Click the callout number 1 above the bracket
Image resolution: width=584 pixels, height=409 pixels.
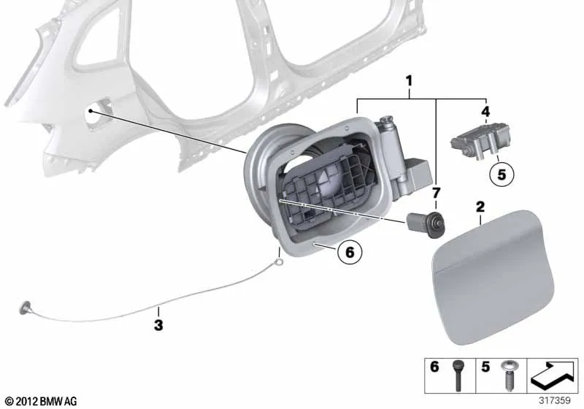[x=409, y=81]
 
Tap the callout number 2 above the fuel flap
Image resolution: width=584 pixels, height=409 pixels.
[x=480, y=207]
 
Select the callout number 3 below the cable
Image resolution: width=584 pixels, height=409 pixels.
[x=158, y=325]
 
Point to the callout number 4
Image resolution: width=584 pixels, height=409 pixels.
[x=485, y=111]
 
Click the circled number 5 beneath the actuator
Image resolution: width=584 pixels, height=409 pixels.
[x=502, y=175]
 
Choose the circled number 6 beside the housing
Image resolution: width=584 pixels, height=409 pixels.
[x=350, y=252]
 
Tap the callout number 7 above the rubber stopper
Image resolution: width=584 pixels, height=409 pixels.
[x=436, y=193]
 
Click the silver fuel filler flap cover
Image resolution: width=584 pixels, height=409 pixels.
[x=493, y=277]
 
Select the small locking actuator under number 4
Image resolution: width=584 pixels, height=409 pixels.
[x=480, y=142]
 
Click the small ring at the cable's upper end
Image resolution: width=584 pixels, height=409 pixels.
[x=278, y=263]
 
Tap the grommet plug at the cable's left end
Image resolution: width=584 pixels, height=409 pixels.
[x=26, y=307]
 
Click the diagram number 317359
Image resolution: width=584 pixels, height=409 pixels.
[x=555, y=400]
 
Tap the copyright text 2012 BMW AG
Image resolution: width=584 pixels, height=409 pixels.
[x=42, y=401]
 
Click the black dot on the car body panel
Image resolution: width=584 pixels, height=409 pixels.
[x=91, y=110]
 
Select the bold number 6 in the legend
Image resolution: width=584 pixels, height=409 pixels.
[x=434, y=367]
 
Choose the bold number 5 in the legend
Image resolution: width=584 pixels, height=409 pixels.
[x=485, y=367]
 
